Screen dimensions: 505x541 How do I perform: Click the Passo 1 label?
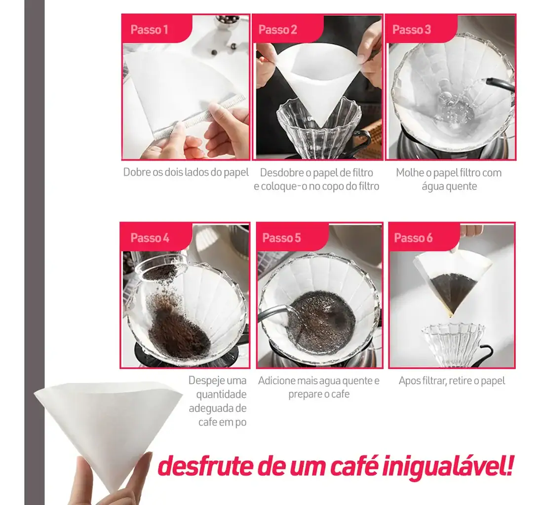pyautogui.click(x=149, y=30)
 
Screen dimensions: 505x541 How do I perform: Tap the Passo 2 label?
pyautogui.click(x=277, y=30)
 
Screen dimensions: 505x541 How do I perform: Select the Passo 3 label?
pyautogui.click(x=411, y=30)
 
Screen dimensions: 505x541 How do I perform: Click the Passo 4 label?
pyautogui.click(x=150, y=238)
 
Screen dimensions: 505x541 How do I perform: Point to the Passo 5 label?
pyautogui.click(x=281, y=238)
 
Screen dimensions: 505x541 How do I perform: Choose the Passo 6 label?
pyautogui.click(x=413, y=238)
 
